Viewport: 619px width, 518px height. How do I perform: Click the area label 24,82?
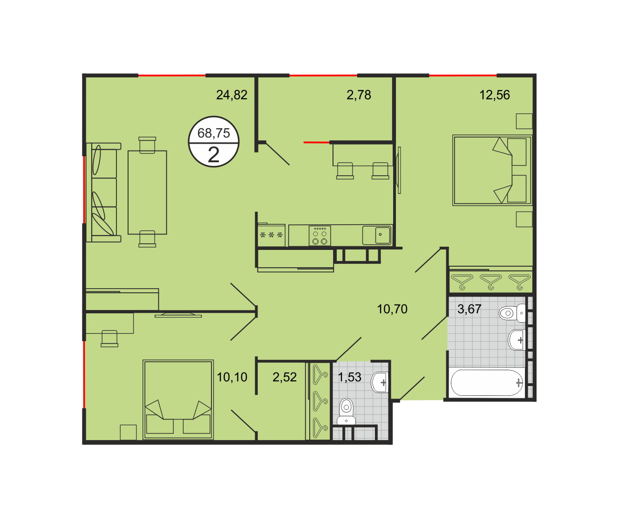click(x=231, y=95)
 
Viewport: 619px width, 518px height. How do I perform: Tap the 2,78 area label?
click(x=359, y=95)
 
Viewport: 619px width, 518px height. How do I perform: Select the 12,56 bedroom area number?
click(x=495, y=95)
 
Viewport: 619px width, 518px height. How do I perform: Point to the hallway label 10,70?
click(x=392, y=309)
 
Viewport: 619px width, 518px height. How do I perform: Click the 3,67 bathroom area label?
click(x=469, y=309)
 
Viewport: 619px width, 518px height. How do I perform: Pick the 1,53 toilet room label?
click(x=349, y=377)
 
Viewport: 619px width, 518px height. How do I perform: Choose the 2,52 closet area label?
click(x=285, y=377)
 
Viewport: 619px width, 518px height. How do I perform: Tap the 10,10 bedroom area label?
click(x=232, y=377)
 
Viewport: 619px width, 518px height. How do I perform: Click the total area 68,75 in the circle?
click(x=213, y=133)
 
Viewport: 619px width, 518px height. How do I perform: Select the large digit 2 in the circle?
click(x=213, y=155)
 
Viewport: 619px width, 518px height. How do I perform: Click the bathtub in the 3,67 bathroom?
click(x=487, y=383)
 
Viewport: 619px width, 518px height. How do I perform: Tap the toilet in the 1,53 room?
click(x=346, y=412)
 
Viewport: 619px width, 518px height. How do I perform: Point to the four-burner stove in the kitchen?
click(x=320, y=236)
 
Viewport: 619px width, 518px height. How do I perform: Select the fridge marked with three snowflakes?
click(x=271, y=235)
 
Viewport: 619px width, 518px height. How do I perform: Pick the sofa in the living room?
click(x=104, y=193)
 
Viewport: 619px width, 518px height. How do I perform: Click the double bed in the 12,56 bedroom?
click(x=492, y=170)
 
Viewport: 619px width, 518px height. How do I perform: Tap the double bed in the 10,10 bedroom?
click(x=178, y=400)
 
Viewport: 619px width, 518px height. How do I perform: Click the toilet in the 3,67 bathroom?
click(x=512, y=313)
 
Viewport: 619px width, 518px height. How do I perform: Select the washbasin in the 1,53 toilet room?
click(x=380, y=382)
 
